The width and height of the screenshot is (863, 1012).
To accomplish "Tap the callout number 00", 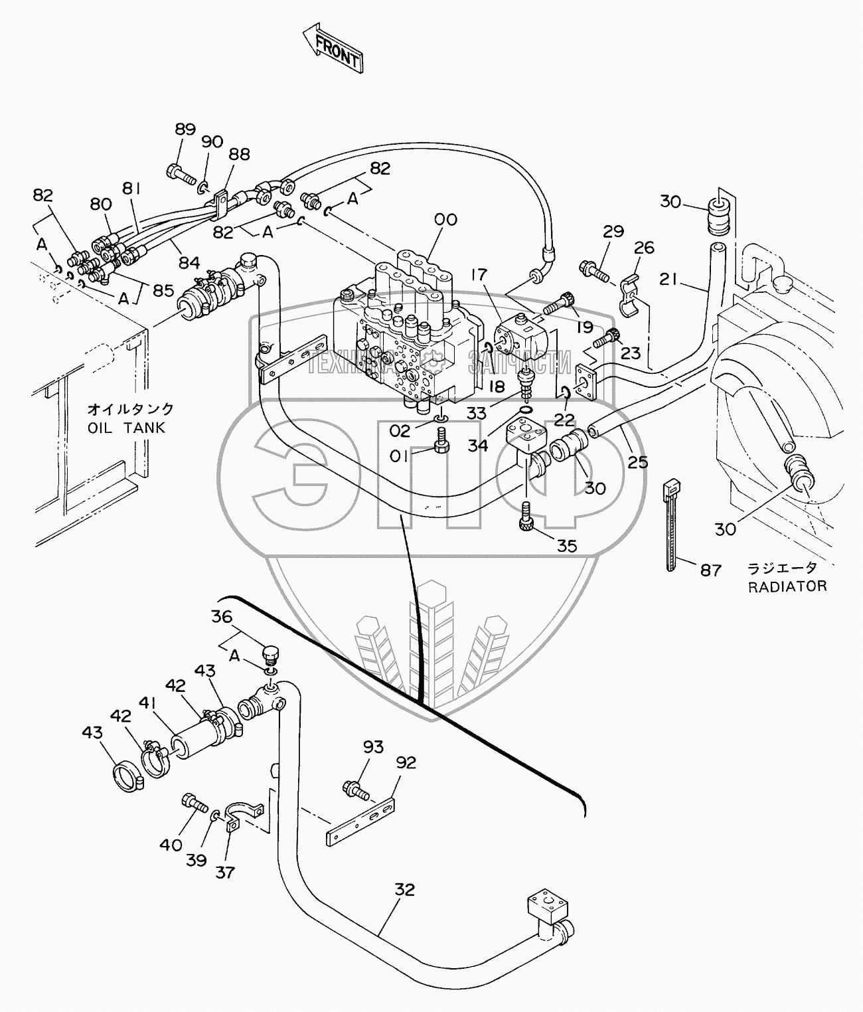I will tap(445, 220).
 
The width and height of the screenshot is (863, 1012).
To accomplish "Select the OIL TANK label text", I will tap(126, 428).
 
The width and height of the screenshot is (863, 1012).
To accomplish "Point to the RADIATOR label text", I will tap(787, 586).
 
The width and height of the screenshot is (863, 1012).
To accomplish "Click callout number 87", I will tap(710, 569).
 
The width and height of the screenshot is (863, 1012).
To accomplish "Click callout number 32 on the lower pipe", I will tap(404, 889).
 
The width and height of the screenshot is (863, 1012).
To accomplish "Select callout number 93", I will tap(373, 747).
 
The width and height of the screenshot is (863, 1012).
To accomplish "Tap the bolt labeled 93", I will tap(352, 788).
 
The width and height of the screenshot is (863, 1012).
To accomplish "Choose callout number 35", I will tap(566, 547).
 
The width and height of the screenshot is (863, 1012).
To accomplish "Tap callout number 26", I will tap(643, 248).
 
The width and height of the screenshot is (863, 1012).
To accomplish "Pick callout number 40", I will tap(170, 845).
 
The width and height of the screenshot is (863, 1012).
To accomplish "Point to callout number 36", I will tap(222, 617).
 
